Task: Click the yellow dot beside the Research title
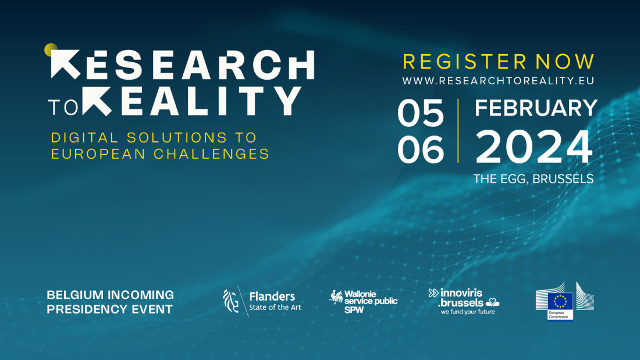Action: click(51, 49)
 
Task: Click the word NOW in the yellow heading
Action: click(565, 62)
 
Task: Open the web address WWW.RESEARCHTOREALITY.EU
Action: click(498, 81)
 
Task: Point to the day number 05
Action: click(421, 113)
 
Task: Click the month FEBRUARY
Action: click(536, 108)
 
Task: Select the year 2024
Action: click(534, 148)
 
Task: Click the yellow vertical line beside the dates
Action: click(458, 130)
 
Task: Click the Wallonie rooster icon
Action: click(336, 298)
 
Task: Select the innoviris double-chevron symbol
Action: click(433, 293)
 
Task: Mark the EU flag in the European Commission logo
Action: click(560, 302)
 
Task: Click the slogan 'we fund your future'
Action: click(467, 312)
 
